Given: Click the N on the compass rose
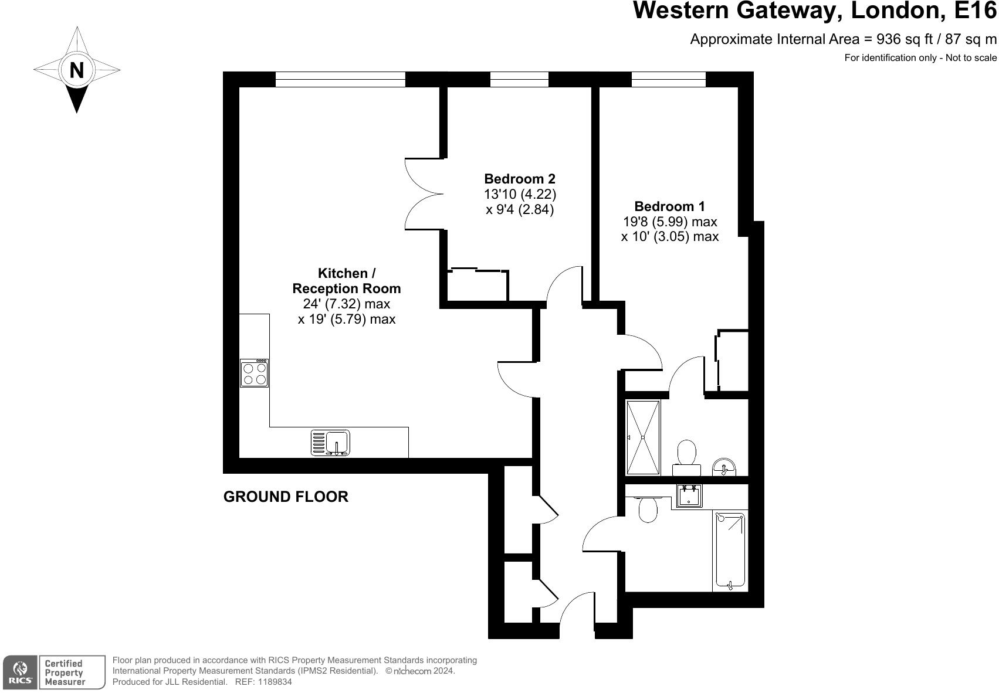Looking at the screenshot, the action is pos(76,70).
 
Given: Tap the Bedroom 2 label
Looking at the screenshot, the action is pos(519,179).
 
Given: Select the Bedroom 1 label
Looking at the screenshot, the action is pos(669,206).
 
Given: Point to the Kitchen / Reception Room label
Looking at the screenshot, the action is pos(346,281).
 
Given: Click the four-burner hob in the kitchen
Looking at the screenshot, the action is pos(255,373).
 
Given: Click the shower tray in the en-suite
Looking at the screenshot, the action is pos(643,437).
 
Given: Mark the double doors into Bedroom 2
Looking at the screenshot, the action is pos(424,193).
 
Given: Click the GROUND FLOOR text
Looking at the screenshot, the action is pos(286,497).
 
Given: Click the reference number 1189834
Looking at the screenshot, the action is pos(275,682).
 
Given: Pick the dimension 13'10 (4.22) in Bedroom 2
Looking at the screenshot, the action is pos(519,194).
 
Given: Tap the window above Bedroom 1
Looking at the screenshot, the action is pos(668,79).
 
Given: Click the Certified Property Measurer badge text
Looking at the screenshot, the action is pos(65,672).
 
